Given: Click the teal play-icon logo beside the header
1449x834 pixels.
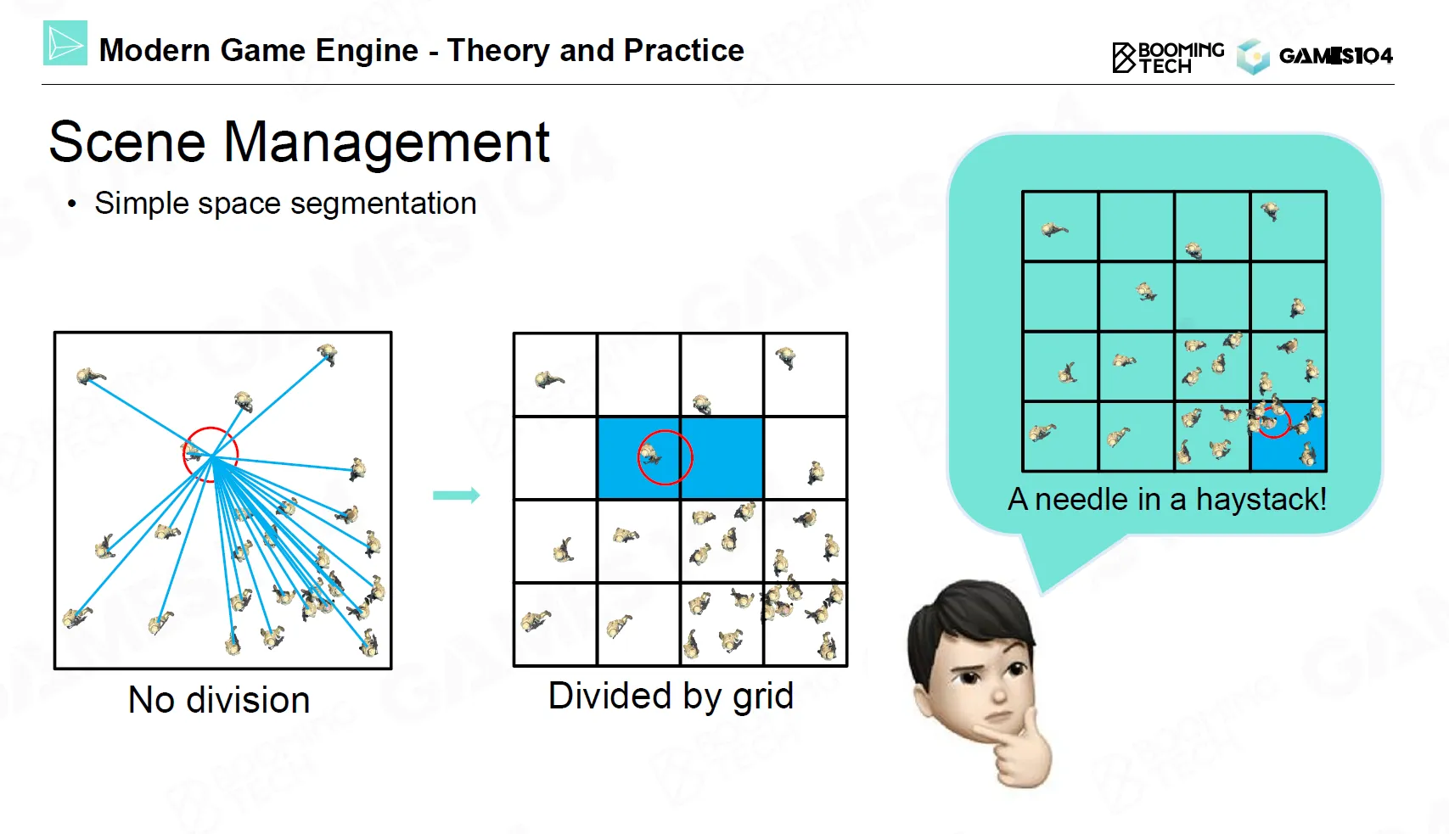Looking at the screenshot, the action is [65, 42].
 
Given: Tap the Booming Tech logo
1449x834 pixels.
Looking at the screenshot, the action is [1168, 58].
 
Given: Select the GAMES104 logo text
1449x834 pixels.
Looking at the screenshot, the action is [1336, 56].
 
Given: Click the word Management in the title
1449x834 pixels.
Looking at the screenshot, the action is [387, 143].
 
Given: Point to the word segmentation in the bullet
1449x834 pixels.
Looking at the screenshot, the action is [384, 204].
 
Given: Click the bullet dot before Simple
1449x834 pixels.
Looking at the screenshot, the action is [72, 204].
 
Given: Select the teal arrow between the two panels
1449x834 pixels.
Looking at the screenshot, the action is [457, 495].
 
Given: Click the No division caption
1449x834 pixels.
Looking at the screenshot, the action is [219, 700].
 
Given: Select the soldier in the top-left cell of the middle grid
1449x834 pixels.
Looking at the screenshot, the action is [548, 379].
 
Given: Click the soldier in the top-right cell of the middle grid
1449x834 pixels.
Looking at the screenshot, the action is [786, 357].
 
